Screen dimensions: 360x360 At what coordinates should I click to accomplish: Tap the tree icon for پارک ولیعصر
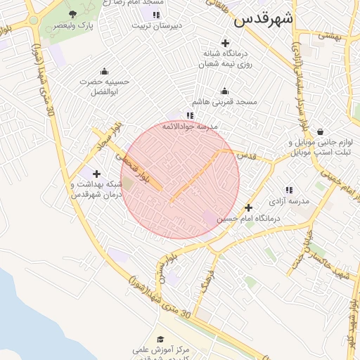[x=73, y=14]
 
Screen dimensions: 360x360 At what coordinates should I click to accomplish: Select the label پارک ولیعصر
[x=73, y=25]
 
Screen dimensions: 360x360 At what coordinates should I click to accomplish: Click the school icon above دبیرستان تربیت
[x=155, y=14]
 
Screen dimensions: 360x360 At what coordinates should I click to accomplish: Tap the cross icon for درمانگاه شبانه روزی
[x=225, y=43]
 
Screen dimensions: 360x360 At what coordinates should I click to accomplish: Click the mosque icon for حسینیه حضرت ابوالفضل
[x=104, y=71]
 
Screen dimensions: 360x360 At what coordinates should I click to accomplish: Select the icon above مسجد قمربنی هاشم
[x=224, y=91]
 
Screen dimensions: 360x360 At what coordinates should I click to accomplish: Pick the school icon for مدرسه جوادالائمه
[x=189, y=115]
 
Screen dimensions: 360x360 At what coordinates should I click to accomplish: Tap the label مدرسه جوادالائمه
[x=190, y=127]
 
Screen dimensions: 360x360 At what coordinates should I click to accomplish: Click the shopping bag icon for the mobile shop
[x=321, y=131]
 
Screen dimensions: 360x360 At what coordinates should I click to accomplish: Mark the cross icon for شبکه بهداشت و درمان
[x=96, y=174]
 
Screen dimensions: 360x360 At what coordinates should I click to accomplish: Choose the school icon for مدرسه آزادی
[x=289, y=190]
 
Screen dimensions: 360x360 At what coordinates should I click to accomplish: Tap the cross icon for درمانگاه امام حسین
[x=248, y=207]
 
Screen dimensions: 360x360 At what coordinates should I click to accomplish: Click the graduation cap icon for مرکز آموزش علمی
[x=160, y=339]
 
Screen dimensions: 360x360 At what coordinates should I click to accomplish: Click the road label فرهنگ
[x=205, y=279]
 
